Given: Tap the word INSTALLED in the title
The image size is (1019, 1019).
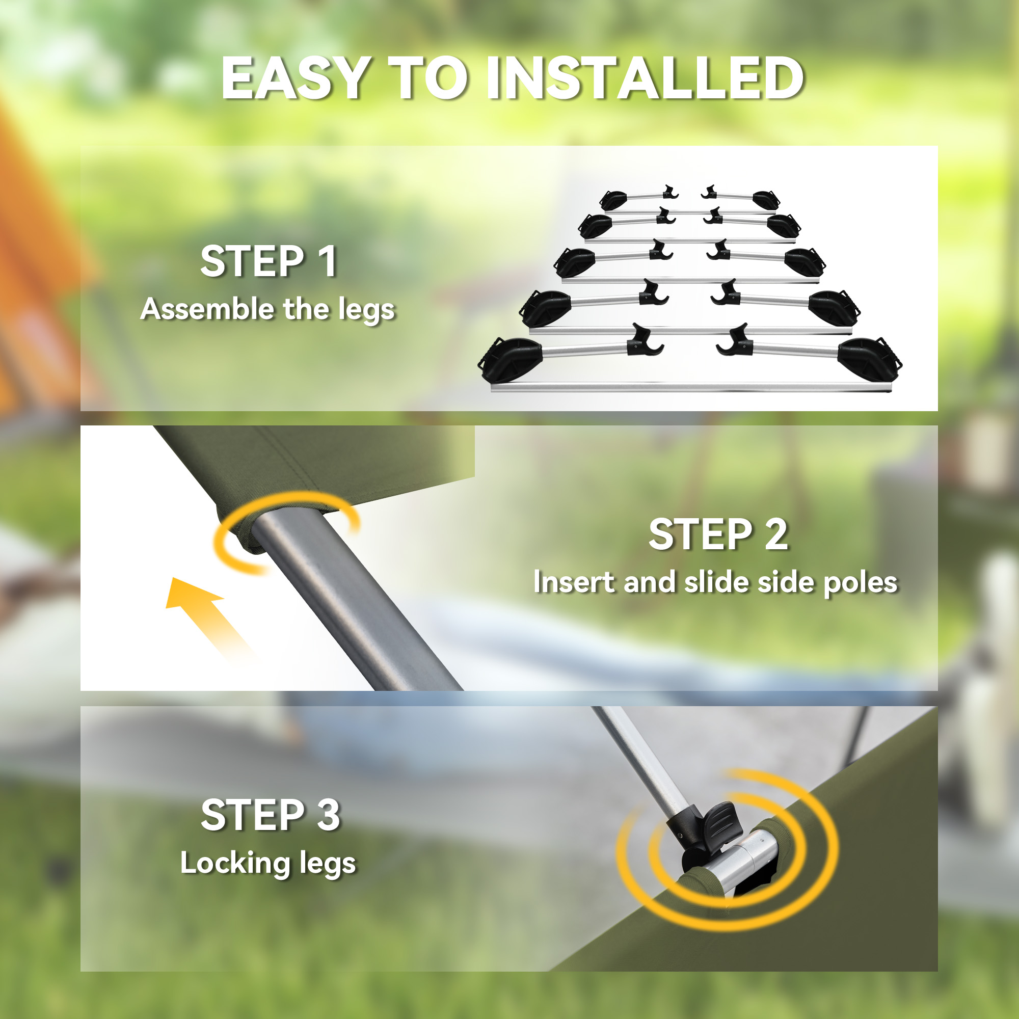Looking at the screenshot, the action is (x=645, y=78).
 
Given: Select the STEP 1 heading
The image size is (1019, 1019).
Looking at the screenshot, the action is (x=269, y=261).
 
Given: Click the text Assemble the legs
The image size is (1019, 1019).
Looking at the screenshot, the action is (x=268, y=309).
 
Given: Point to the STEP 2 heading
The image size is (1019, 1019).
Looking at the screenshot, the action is (x=718, y=534).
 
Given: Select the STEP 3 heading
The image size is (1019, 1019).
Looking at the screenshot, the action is (x=271, y=815).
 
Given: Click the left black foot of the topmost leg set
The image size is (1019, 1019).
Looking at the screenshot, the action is (x=613, y=200).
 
